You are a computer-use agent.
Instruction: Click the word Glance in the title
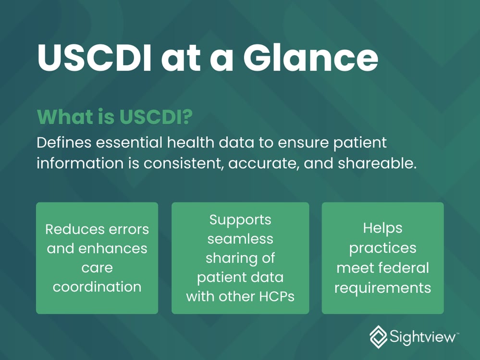[x=311, y=57]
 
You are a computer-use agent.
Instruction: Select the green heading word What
[x=65, y=117]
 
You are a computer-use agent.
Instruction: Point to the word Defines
[x=64, y=143]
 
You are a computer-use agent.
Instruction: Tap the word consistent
[x=183, y=163]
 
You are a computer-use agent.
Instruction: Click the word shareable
[x=377, y=163]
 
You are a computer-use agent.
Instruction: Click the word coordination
[x=97, y=287]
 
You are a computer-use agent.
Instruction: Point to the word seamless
[x=240, y=239]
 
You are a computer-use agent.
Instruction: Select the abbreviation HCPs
[x=277, y=297]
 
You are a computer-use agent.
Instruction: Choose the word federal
[x=404, y=268]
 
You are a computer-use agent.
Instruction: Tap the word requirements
[x=382, y=288]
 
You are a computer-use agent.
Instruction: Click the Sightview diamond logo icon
[x=378, y=337]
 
